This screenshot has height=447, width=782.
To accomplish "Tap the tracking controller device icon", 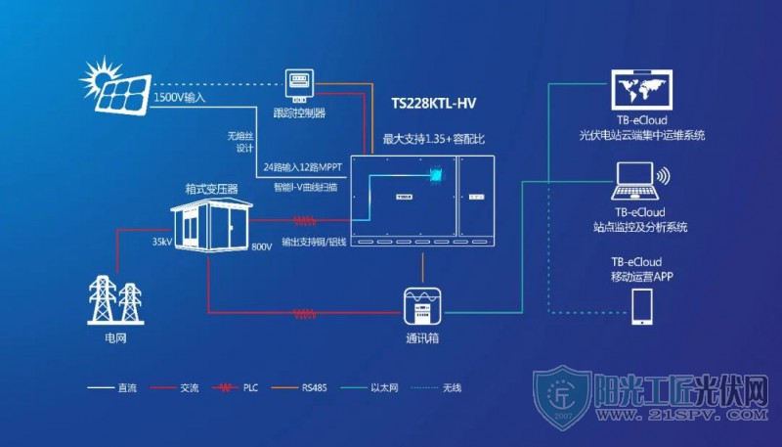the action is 299,84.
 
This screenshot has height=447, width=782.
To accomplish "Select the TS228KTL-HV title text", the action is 433,104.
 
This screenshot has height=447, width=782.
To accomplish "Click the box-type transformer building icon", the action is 211,223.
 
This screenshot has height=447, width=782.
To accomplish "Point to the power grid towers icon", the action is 115,300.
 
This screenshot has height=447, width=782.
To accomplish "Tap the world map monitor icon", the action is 642,90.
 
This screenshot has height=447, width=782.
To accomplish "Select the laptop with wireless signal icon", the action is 641,181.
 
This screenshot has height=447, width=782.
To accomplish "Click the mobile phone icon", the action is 642,307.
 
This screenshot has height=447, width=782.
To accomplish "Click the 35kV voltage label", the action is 162,242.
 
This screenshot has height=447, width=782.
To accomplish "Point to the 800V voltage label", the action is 262,246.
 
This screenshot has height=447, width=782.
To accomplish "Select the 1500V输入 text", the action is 180,97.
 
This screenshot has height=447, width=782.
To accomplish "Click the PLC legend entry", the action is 235,387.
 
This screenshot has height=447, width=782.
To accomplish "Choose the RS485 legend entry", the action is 299,387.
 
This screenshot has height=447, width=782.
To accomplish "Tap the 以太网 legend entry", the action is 369,387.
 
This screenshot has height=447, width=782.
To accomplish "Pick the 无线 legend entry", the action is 436,387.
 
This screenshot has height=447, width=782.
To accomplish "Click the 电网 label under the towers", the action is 115,338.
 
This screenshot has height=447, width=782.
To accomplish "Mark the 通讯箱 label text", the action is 422,338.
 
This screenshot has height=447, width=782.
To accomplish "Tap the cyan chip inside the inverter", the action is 436,174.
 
